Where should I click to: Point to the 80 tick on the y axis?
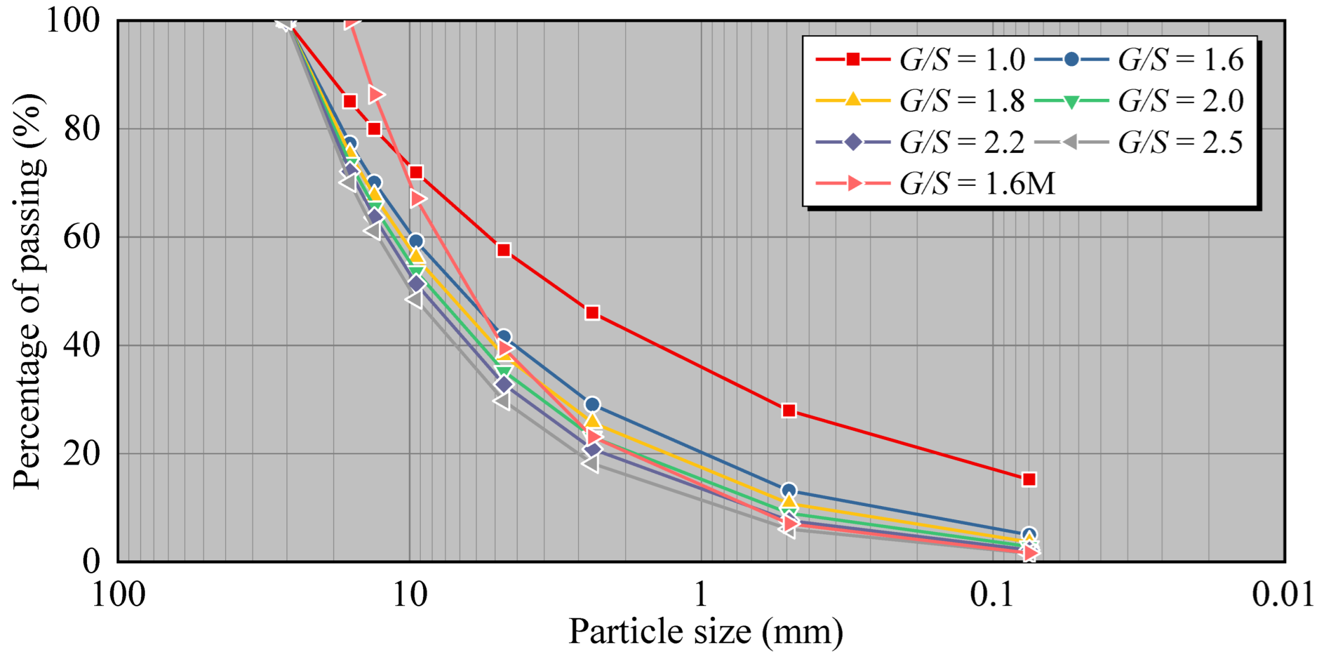pyautogui.click(x=82, y=129)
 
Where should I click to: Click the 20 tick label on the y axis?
pyautogui.click(x=82, y=454)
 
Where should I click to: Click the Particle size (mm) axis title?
pyautogui.click(x=705, y=632)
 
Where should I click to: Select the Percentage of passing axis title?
pyautogui.click(x=28, y=291)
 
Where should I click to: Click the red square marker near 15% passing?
pyautogui.click(x=1028, y=480)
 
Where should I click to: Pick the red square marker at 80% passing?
pyautogui.click(x=374, y=129)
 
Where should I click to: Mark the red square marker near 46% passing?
pyautogui.click(x=592, y=312)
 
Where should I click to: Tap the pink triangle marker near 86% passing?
pyautogui.click(x=376, y=94)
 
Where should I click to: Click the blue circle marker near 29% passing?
pyautogui.click(x=592, y=404)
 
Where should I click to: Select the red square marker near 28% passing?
pyautogui.click(x=789, y=410)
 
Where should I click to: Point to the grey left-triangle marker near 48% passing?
pyautogui.click(x=414, y=300)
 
